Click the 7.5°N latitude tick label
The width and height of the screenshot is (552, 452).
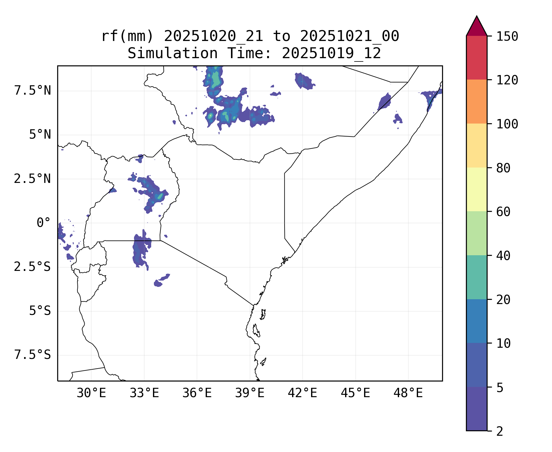point(33,90)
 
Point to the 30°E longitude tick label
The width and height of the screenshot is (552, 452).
point(91,393)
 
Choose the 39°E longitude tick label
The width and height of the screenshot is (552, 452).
point(250,393)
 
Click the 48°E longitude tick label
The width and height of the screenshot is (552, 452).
point(408,393)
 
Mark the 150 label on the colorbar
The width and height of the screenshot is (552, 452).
point(507,36)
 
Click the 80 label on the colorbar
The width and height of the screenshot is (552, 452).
point(503,168)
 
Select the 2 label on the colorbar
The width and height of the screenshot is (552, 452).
point(500,431)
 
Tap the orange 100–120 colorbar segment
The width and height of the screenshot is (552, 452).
point(476,102)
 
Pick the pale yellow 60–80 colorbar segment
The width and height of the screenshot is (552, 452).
point(476,189)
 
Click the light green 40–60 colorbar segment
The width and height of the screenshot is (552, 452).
point(476,233)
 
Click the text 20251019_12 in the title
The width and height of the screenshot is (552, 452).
point(331,54)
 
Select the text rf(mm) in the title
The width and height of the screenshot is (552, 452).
point(127,36)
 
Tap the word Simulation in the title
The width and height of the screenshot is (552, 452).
point(173,54)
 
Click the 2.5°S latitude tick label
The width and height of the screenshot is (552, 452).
point(33,267)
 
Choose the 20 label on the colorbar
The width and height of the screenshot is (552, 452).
point(503,300)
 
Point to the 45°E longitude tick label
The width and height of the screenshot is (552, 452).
point(355,393)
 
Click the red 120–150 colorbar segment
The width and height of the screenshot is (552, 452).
point(476,58)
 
